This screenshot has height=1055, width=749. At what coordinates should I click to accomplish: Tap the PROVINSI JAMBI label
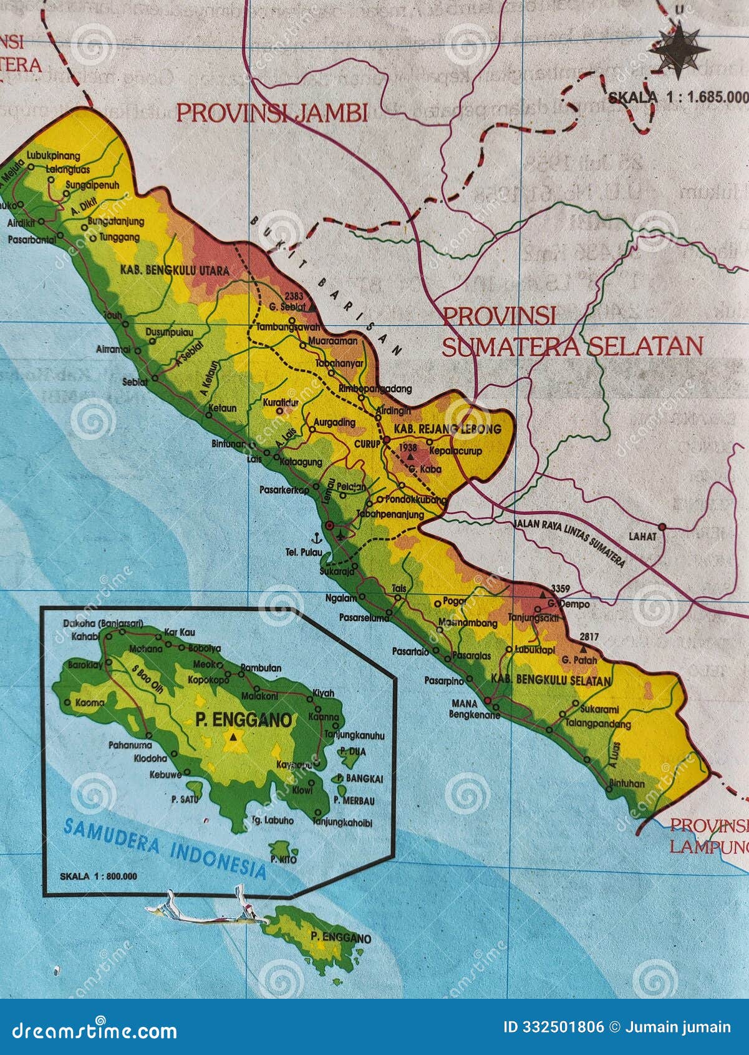point(272,113)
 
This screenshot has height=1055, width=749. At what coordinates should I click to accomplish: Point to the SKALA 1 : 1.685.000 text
point(677,97)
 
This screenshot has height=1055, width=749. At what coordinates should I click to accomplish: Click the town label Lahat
point(642,536)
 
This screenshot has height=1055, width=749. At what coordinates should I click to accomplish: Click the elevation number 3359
point(561,588)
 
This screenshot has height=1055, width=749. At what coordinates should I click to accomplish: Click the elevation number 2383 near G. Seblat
point(293,295)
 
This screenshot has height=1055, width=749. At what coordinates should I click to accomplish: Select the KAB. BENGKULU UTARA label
point(171,270)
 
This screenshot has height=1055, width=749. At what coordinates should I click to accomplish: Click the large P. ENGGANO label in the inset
point(243,720)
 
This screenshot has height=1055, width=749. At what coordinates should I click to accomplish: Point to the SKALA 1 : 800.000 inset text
point(98,876)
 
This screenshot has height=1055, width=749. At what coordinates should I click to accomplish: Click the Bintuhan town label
point(626,783)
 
